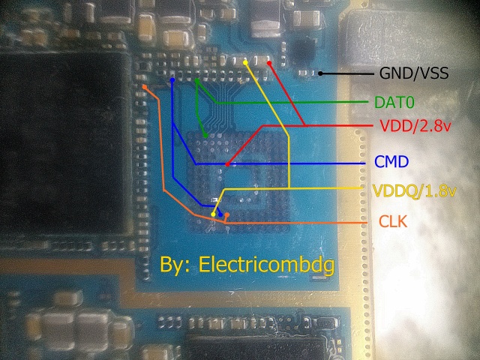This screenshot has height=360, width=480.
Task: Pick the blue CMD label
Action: tap(391, 162)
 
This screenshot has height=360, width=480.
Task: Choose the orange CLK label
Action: tap(393, 221)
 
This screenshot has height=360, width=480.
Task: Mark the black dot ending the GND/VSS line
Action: tap(321, 73)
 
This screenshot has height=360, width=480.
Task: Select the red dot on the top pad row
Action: tap(268, 64)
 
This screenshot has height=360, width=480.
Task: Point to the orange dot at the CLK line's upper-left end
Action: tap(144, 87)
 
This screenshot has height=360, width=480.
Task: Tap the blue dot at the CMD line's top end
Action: tap(172, 79)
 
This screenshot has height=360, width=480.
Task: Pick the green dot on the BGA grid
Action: tap(206, 135)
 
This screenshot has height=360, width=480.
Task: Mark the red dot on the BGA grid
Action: tap(226, 163)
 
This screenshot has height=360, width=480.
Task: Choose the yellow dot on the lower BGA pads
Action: tap(213, 216)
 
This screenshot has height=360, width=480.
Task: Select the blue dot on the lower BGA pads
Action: tap(220, 215)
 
